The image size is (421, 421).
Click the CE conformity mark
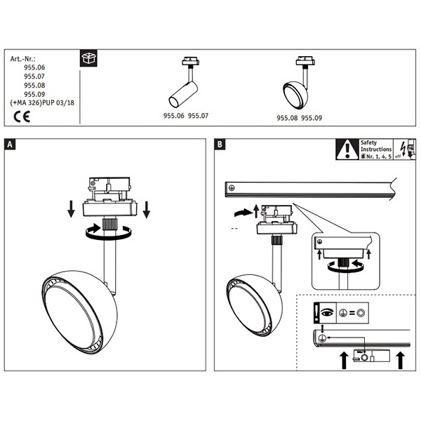point(22,116)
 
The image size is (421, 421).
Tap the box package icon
point(88,58)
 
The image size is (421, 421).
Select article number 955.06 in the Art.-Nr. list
point(34,67)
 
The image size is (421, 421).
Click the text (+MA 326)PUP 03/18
point(42,103)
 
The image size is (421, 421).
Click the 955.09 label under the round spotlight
point(312,118)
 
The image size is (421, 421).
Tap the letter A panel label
point(10,145)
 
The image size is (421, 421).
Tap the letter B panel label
point(220,145)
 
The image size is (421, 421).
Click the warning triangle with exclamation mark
point(347,149)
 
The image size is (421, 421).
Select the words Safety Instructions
point(376,146)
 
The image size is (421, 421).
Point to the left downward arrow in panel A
point(71,209)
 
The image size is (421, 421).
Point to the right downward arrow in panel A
point(147,209)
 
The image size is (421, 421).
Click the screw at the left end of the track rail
point(232,188)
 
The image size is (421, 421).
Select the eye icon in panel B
point(327,312)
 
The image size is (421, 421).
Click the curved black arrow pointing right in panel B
point(243,213)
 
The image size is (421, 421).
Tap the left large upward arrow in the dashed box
point(344,361)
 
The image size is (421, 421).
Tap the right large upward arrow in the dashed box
point(401,361)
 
